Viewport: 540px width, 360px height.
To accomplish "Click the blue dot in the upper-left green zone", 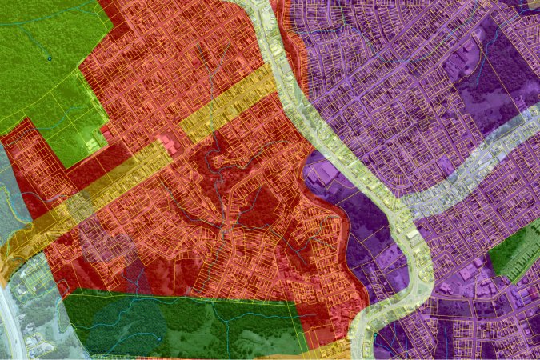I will coord(49,58).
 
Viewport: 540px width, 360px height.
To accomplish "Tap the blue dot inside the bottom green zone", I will coord(159,338).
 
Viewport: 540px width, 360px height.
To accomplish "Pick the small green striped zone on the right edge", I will coord(514,250).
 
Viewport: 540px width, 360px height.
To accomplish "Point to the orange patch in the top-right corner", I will coord(534,4).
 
